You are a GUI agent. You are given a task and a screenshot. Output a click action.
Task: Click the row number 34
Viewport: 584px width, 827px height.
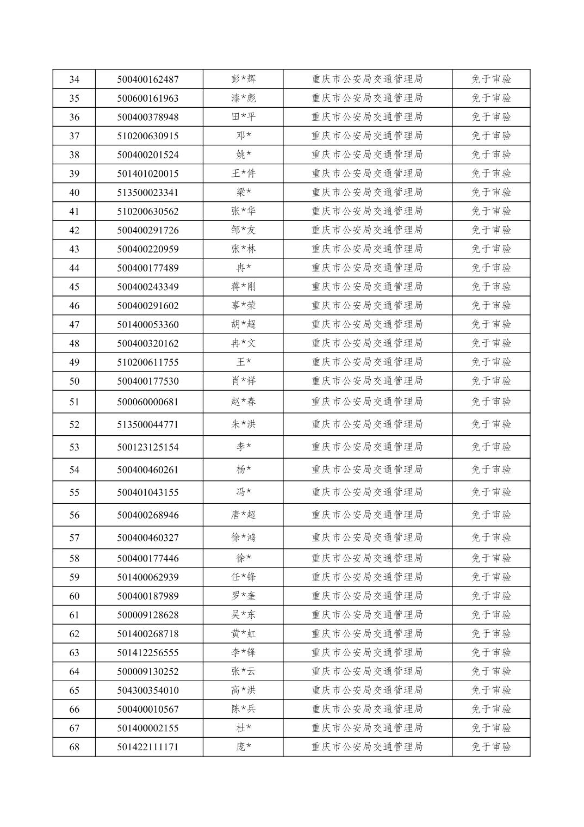(x=74, y=79)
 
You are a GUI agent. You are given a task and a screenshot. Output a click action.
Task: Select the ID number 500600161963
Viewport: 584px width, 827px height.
(x=148, y=98)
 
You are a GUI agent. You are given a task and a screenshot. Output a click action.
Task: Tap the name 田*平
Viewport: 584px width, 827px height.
(x=243, y=117)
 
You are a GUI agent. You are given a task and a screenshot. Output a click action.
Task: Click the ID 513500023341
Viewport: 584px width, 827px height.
(x=148, y=193)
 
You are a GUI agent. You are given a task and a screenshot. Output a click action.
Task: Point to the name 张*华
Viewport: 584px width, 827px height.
(x=243, y=211)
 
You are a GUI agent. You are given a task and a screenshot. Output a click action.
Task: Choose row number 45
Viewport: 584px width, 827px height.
(x=74, y=287)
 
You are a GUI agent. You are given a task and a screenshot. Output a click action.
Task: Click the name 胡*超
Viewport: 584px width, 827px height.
(x=243, y=324)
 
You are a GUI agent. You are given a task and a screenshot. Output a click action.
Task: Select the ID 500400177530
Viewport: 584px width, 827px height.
(x=148, y=381)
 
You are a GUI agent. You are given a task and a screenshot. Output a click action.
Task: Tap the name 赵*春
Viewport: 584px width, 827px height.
(x=243, y=402)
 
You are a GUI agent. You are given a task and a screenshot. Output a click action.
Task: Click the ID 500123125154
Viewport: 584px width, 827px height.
(x=148, y=447)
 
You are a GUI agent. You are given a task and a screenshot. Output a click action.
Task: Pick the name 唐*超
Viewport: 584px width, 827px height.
(x=243, y=515)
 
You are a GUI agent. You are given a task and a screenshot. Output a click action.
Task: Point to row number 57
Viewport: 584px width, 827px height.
(x=74, y=538)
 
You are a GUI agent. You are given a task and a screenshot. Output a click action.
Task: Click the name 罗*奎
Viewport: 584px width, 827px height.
(x=243, y=596)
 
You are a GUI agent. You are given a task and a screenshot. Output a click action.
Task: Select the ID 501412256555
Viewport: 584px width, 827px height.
(x=148, y=653)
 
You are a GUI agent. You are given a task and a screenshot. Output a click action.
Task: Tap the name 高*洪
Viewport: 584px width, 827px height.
(x=243, y=690)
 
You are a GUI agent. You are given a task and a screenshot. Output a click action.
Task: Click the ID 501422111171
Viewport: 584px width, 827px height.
(x=148, y=747)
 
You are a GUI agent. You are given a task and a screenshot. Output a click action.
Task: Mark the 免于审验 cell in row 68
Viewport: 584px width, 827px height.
(x=491, y=747)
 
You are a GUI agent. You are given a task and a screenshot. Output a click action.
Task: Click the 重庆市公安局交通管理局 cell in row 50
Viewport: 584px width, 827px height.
(x=367, y=381)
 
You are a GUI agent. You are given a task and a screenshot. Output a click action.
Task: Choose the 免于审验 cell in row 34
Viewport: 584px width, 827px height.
(x=491, y=79)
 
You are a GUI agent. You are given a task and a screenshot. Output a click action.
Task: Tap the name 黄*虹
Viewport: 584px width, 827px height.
(x=243, y=634)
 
